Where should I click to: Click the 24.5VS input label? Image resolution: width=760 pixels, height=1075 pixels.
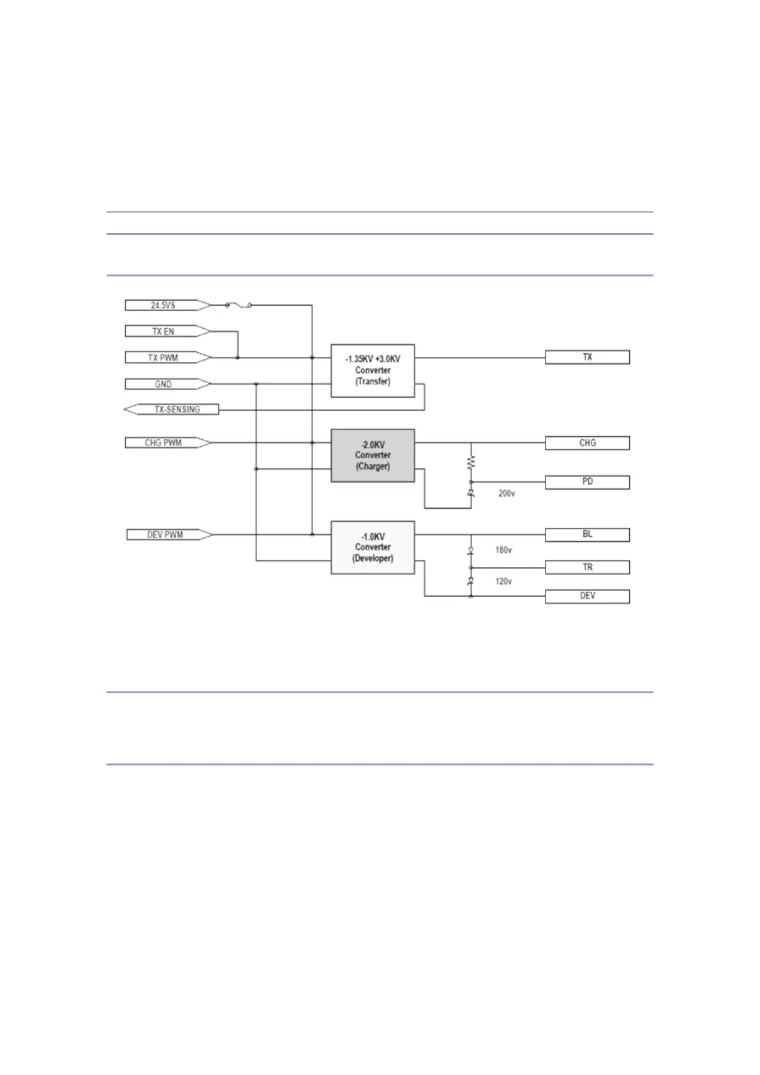(x=163, y=305)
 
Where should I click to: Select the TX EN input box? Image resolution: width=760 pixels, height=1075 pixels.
(x=163, y=331)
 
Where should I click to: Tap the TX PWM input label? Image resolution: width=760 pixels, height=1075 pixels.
(x=163, y=357)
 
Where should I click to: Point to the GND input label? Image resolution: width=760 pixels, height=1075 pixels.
(x=163, y=384)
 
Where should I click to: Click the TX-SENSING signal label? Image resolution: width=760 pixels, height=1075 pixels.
(x=176, y=409)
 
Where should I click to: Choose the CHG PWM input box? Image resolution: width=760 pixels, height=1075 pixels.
(x=163, y=442)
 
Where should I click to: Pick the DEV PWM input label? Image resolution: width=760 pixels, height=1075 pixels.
(x=165, y=534)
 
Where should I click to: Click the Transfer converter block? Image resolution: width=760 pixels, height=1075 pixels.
(x=373, y=370)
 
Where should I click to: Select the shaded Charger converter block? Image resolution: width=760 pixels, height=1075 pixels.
(x=373, y=455)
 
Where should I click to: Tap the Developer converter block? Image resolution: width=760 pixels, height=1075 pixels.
(x=373, y=547)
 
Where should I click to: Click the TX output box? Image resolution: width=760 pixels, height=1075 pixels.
(x=587, y=357)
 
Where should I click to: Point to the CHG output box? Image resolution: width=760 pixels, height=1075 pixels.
(x=587, y=442)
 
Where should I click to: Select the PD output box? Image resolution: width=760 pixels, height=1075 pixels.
(x=587, y=481)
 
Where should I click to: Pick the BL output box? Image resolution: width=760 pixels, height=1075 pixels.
(x=587, y=534)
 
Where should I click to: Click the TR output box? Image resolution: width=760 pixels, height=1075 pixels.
(x=587, y=567)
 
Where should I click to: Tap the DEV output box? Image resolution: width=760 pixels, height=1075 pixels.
(x=587, y=596)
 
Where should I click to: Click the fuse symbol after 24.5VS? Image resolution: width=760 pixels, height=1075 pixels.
(x=238, y=306)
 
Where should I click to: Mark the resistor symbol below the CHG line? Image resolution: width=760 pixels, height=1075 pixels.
(x=472, y=462)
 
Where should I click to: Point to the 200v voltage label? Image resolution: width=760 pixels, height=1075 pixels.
(x=507, y=493)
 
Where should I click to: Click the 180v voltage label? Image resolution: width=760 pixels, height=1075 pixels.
(x=503, y=550)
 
